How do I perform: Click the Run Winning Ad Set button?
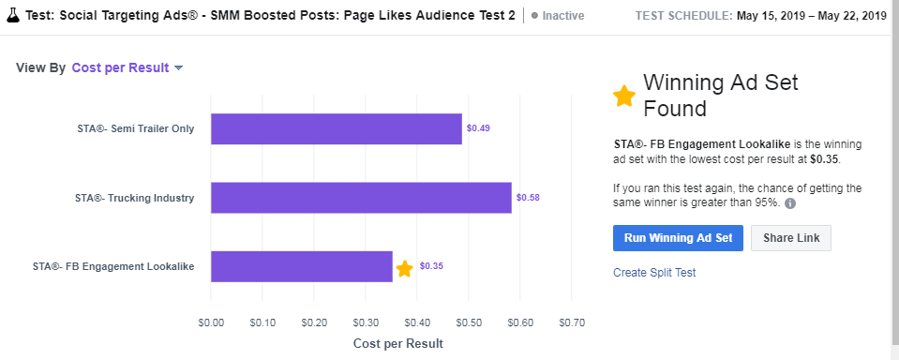[678, 238]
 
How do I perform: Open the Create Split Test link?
[654, 273]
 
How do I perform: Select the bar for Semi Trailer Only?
[336, 128]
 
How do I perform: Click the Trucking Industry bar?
[361, 198]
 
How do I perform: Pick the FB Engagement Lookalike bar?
[301, 266]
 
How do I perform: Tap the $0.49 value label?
[478, 128]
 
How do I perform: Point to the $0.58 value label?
[528, 198]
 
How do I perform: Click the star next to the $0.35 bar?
[404, 269]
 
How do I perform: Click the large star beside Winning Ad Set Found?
[623, 96]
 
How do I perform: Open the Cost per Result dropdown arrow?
[178, 67]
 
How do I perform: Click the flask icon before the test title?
[14, 16]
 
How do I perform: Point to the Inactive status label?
[562, 16]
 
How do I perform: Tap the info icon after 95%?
[790, 203]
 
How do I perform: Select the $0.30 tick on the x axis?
[366, 322]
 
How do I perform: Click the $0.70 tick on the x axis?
[571, 322]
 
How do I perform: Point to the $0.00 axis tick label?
[211, 322]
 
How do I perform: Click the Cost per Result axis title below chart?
[397, 343]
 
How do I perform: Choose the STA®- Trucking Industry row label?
[134, 198]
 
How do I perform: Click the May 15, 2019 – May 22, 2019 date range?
[812, 16]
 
